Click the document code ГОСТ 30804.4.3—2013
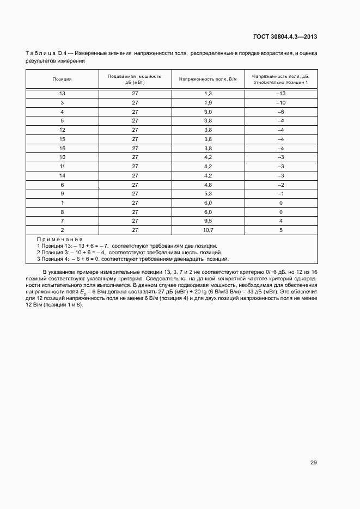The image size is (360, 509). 285,37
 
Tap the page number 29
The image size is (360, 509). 313,463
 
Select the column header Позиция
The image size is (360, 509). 62,79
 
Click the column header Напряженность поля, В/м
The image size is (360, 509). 208,79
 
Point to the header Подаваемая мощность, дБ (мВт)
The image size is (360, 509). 135,79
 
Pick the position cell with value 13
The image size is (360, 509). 62,94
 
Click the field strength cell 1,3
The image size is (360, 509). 208,94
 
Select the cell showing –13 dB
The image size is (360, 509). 280,94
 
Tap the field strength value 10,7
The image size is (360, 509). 208,230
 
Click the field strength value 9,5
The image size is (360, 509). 208,220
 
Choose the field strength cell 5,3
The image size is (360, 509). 208,193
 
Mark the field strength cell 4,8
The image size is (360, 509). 208,185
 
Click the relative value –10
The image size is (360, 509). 280,103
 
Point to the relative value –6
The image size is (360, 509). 280,112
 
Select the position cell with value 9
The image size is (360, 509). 62,193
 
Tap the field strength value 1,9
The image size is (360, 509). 208,103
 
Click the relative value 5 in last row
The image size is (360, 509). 280,230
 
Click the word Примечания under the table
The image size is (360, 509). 59,240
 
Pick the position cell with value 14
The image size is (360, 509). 62,175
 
